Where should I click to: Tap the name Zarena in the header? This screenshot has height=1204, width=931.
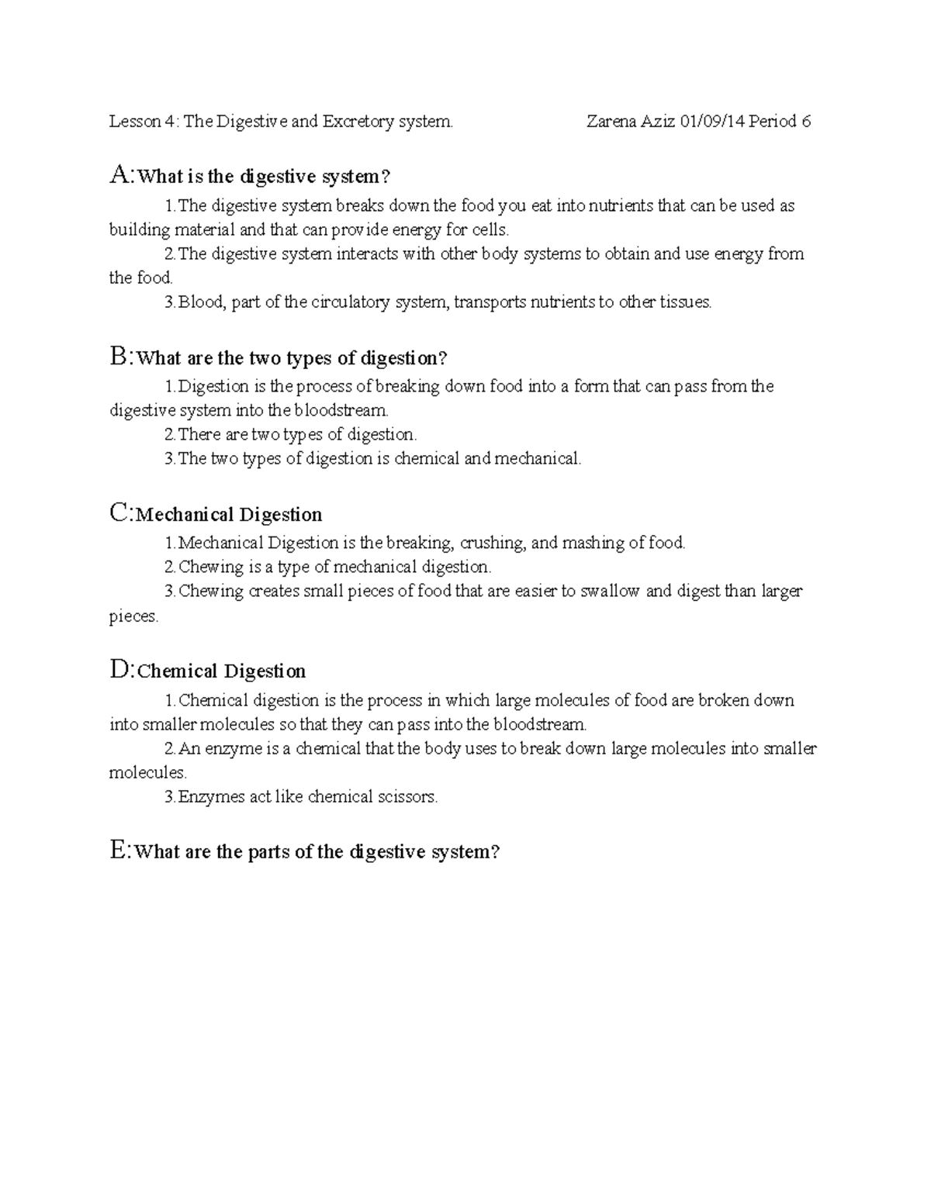(614, 121)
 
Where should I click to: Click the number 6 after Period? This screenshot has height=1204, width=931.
(807, 121)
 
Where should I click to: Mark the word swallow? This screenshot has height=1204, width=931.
(610, 591)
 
